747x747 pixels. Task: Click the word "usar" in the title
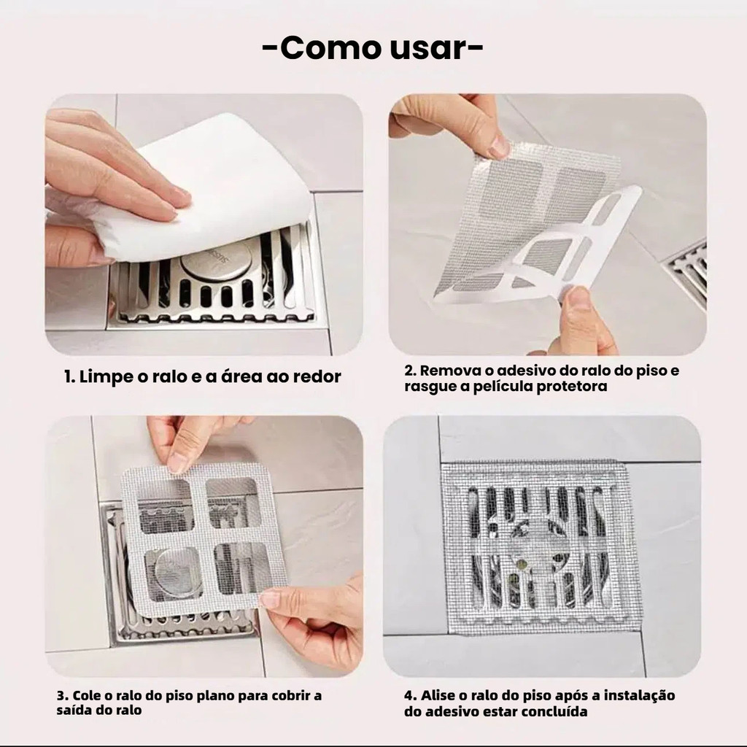pos(427,47)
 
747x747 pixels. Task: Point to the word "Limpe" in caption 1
pos(107,377)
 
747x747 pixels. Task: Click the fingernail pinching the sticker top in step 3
pos(177,462)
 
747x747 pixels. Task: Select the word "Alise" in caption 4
pos(436,695)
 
